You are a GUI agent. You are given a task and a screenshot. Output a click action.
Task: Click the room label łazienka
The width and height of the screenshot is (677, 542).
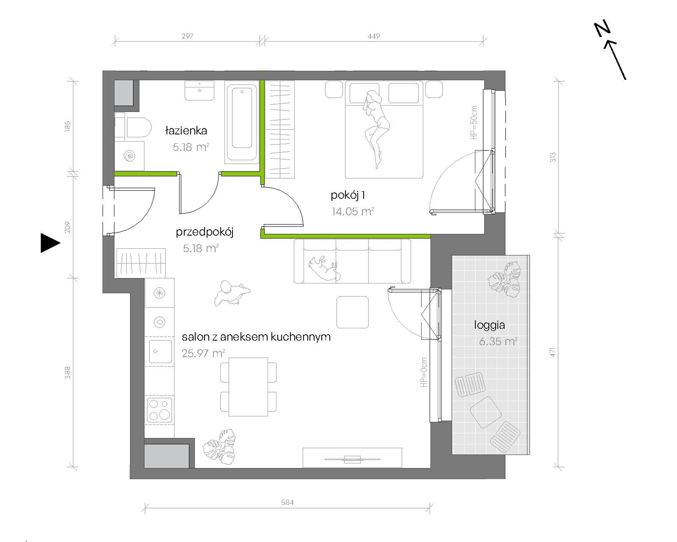[186, 131]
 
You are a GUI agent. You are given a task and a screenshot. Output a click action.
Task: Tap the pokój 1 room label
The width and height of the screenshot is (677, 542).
[348, 195]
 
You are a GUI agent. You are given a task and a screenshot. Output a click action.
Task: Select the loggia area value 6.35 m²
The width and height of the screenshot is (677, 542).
[498, 342]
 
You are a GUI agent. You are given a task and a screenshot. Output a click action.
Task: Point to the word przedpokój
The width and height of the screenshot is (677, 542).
[205, 232]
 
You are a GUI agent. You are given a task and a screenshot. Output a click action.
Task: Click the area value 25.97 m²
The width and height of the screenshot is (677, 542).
[203, 353]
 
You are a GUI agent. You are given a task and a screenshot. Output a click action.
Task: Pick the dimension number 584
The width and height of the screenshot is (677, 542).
[287, 502]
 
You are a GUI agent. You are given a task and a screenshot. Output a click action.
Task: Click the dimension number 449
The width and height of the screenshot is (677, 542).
[373, 36]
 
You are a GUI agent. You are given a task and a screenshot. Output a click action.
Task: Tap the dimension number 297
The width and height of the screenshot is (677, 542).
[187, 36]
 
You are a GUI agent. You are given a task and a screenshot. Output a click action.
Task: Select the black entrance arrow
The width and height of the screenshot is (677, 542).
[50, 243]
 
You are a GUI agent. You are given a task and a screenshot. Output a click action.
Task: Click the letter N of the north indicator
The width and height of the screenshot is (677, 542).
[602, 29]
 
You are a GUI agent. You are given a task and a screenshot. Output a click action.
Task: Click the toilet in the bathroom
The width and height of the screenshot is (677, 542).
[134, 127]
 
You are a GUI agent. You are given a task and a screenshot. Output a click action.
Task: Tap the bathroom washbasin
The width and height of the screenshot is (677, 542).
[200, 91]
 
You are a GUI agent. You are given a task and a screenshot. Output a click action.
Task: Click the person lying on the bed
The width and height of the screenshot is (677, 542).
[376, 128]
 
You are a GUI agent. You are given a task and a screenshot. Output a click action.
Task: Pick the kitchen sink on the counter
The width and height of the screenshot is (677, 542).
[160, 352]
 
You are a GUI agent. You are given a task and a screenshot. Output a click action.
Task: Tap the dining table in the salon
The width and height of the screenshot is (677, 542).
[248, 387]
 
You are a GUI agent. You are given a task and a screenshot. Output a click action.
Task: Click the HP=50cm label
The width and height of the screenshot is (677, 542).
[474, 122]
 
